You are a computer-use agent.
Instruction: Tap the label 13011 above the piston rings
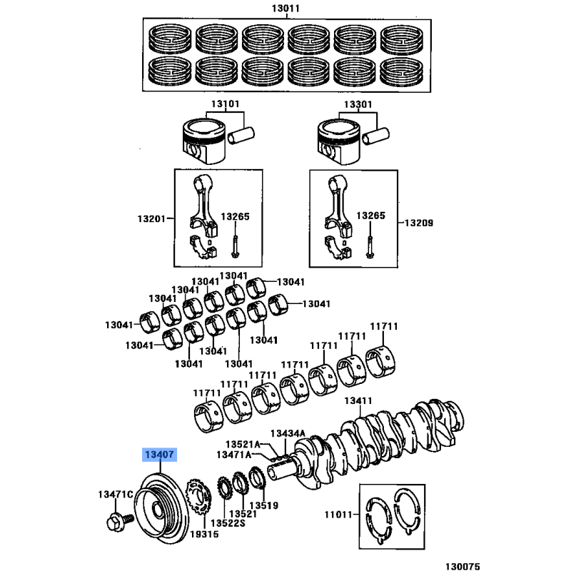pos(285,9)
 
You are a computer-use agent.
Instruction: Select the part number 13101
pos(223,104)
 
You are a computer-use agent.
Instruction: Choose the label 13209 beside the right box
pos(419,223)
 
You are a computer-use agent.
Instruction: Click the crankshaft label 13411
pos(360,401)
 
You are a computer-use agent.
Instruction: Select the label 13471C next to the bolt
pos(115,495)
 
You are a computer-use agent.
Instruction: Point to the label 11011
pos(340,513)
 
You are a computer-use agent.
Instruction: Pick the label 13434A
pos(288,434)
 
